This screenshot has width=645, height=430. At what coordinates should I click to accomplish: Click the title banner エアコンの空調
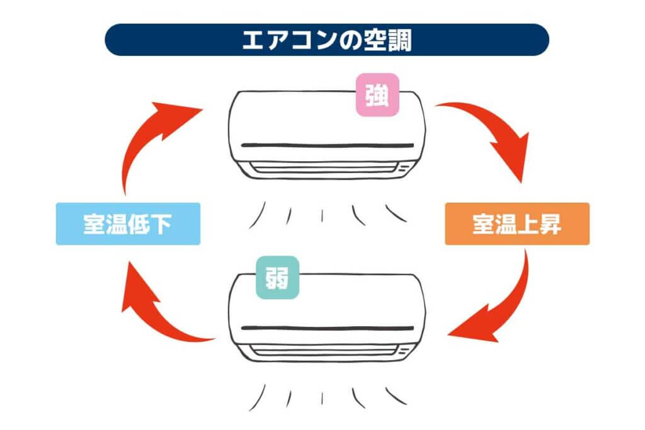pyautogui.click(x=327, y=40)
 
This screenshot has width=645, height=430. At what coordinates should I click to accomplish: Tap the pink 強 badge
pyautogui.click(x=377, y=95)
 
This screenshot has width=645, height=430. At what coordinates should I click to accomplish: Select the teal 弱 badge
pyautogui.click(x=277, y=278)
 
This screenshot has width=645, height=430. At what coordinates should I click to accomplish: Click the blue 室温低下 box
pyautogui.click(x=128, y=223)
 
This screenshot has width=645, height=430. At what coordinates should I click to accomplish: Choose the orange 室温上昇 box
pyautogui.click(x=517, y=223)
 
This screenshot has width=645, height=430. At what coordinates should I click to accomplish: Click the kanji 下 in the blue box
pyautogui.click(x=161, y=224)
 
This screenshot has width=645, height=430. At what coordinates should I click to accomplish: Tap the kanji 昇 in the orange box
pyautogui.click(x=550, y=224)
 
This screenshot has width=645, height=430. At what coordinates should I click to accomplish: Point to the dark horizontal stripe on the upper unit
pyautogui.click(x=328, y=145)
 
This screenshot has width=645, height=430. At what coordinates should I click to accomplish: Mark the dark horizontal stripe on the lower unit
pyautogui.click(x=328, y=329)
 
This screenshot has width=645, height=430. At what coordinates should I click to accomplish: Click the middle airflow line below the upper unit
pyautogui.click(x=322, y=216)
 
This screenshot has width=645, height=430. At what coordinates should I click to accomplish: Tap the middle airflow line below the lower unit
pyautogui.click(x=322, y=399)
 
